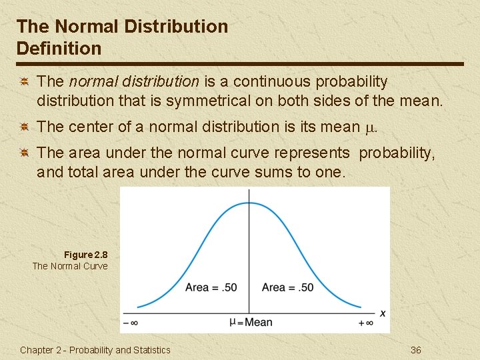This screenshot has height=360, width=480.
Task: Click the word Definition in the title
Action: pos(59,49)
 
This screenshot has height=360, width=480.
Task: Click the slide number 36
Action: pos(416,350)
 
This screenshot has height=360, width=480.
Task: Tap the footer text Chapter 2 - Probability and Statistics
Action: pos(95,350)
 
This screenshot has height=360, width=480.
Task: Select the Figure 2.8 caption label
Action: pos(85,255)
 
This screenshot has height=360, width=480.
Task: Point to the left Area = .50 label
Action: pos(211,287)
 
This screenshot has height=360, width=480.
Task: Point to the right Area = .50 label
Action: pos(287,287)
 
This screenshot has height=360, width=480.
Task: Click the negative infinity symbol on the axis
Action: pos(130,323)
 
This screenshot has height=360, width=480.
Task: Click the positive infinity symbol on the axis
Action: pos(365,323)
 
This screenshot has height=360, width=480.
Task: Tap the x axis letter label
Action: pos(383,313)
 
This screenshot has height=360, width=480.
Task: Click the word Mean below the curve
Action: pos(258,323)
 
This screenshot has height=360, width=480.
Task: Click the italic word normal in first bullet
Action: pos(89,81)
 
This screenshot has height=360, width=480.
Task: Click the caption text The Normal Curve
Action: pos(70,266)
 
